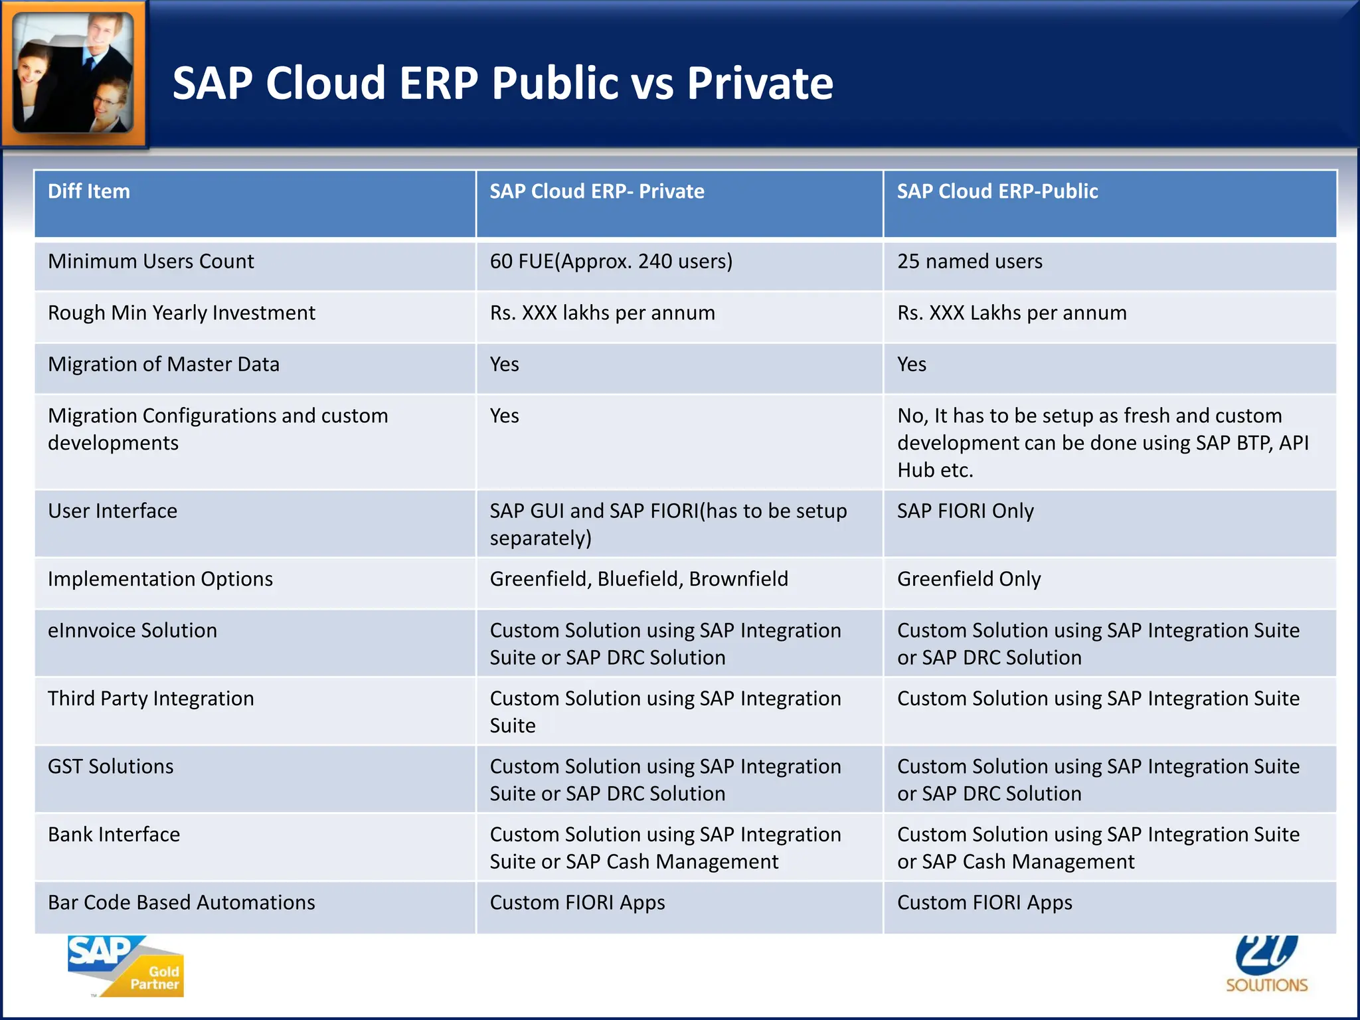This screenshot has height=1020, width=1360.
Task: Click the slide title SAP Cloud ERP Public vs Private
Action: point(503,83)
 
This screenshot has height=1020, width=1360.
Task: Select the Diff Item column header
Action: point(89,191)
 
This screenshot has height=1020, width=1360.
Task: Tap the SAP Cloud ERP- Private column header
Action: point(597,191)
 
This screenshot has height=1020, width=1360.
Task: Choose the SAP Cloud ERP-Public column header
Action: point(997,191)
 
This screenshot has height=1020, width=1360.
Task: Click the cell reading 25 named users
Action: point(970,262)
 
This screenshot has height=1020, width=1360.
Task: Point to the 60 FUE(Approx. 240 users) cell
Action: point(611,262)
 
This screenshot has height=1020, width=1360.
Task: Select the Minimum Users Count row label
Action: point(151,262)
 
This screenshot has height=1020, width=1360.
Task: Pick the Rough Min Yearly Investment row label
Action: point(181,313)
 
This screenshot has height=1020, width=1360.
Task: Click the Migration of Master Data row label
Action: point(163,365)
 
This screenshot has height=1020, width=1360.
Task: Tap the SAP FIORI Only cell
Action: point(966,511)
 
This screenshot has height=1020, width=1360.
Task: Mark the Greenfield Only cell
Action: point(969,579)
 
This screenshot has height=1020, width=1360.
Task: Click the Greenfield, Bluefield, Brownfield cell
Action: point(639,579)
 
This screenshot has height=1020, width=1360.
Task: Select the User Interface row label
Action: point(112,511)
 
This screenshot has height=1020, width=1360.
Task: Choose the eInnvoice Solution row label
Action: point(132,630)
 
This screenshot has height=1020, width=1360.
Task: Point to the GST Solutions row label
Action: point(110,766)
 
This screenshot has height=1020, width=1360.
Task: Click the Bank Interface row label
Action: point(114,835)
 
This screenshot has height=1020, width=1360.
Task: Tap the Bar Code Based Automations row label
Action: point(181,902)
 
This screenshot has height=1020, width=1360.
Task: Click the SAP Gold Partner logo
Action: point(126,966)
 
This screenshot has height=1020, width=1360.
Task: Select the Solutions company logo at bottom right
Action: point(1266,966)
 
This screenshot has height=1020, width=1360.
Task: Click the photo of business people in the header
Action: point(73,73)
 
